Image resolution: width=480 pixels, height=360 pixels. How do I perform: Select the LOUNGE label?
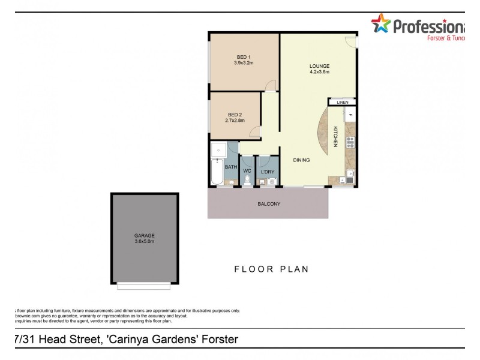(319, 66)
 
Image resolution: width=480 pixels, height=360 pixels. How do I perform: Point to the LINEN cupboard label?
(342, 103)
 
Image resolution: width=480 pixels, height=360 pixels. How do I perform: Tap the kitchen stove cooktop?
(350, 142)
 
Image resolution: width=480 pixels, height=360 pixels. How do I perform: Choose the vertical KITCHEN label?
(336, 137)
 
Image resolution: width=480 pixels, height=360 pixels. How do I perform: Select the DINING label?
(302, 160)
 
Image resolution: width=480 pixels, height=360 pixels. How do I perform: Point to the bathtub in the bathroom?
(216, 173)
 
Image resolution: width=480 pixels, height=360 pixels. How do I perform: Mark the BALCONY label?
(269, 204)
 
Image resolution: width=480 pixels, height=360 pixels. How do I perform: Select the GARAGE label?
(144, 236)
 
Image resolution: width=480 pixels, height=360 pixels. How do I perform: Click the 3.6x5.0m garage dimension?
(144, 242)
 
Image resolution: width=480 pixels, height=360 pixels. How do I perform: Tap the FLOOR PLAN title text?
(271, 269)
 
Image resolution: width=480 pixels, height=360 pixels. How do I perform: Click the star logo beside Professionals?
(380, 25)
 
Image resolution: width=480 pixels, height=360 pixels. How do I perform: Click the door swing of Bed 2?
(256, 133)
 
